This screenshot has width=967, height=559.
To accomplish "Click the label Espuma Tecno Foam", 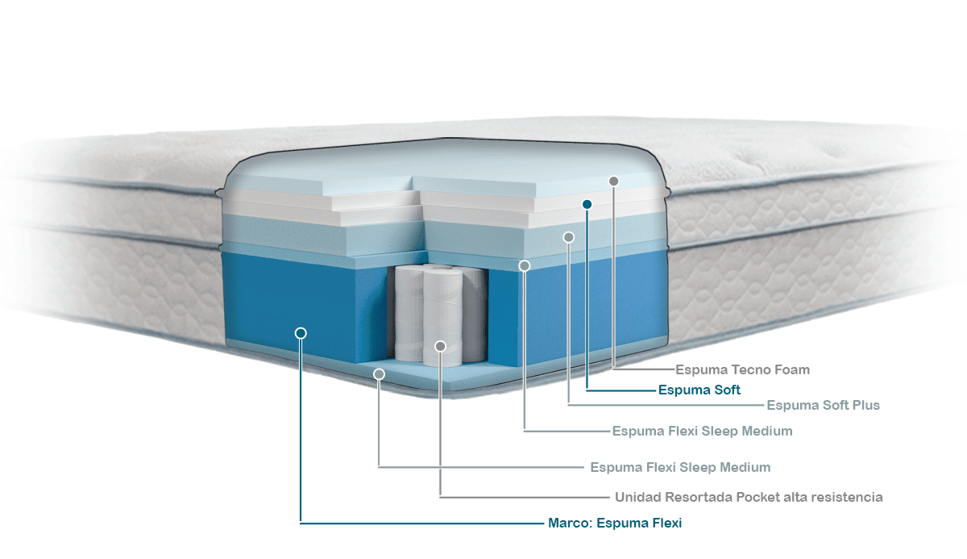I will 742,370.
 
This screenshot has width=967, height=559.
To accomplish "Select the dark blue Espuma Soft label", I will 699,390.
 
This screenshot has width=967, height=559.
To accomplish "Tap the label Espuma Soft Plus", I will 823,405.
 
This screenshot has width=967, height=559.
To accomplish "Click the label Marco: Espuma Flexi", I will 615,524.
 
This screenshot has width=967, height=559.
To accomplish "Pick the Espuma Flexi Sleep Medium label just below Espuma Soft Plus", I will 702,432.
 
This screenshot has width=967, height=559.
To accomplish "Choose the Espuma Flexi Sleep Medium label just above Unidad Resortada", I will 680,468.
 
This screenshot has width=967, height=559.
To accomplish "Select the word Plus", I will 865,405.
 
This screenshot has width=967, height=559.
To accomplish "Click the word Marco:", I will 571,524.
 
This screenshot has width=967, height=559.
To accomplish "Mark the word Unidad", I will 639,497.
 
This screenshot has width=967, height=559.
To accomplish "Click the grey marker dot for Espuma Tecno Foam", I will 613,181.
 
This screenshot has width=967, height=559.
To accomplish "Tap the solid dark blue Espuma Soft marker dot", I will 587,205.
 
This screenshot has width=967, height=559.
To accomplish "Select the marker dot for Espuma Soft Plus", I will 569,237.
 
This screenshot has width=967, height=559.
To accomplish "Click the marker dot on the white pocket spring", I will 440,346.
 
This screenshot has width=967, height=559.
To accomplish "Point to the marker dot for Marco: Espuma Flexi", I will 301,332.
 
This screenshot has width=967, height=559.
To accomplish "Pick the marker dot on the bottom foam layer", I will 379,374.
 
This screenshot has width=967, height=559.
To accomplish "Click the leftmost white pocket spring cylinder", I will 409,315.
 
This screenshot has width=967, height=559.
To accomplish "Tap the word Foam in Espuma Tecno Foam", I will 791,370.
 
